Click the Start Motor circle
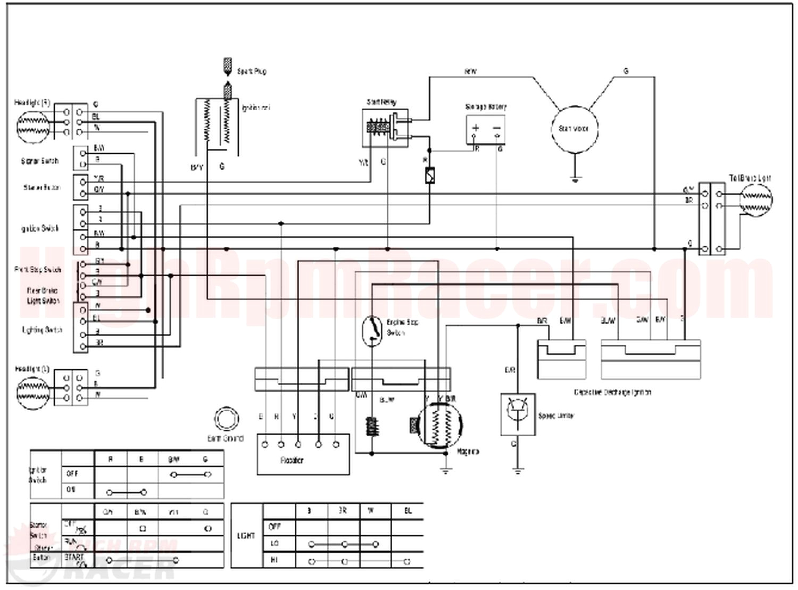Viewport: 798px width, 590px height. coord(573,129)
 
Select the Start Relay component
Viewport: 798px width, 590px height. coord(385,128)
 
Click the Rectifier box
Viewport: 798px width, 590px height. coord(303,454)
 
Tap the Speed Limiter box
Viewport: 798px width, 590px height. coord(518,414)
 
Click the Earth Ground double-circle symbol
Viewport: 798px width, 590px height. coord(226,420)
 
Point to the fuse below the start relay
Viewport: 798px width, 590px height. coord(430,175)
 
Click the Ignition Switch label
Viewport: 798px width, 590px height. coord(40,229)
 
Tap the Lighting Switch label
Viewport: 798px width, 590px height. coord(42,330)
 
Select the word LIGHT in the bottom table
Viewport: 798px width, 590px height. coord(246,536)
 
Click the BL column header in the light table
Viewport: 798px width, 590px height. coord(408,511)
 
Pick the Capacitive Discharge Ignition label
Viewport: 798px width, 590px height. coord(612,392)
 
